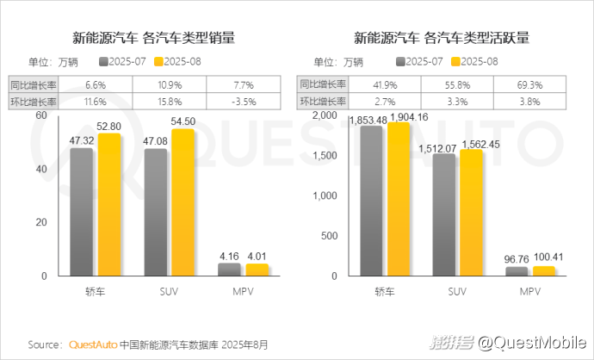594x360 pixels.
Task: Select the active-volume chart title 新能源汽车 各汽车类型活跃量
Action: [x=441, y=38]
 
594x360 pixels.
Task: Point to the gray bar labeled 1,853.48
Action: [x=371, y=203]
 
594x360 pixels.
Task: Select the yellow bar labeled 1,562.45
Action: [x=471, y=215]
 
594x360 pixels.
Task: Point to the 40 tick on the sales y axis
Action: [x=40, y=169]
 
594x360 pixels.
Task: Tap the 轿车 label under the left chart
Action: [x=95, y=291]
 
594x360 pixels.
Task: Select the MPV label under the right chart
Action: [x=531, y=291]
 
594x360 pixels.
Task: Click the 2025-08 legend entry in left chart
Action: [x=182, y=62]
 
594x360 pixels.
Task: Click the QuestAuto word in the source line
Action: [x=92, y=344]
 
